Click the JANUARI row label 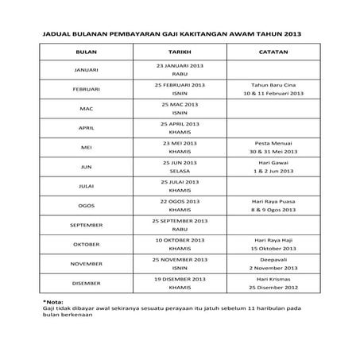click(85, 70)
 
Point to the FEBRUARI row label click(85, 89)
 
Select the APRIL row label click(85, 127)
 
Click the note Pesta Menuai click(273, 142)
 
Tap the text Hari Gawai click(273, 162)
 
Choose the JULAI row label click(85, 186)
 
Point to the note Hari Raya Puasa click(273, 201)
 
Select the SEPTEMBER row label click(85, 225)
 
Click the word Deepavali click(273, 259)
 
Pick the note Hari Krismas click(273, 278)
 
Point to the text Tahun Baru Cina click(273, 84)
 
